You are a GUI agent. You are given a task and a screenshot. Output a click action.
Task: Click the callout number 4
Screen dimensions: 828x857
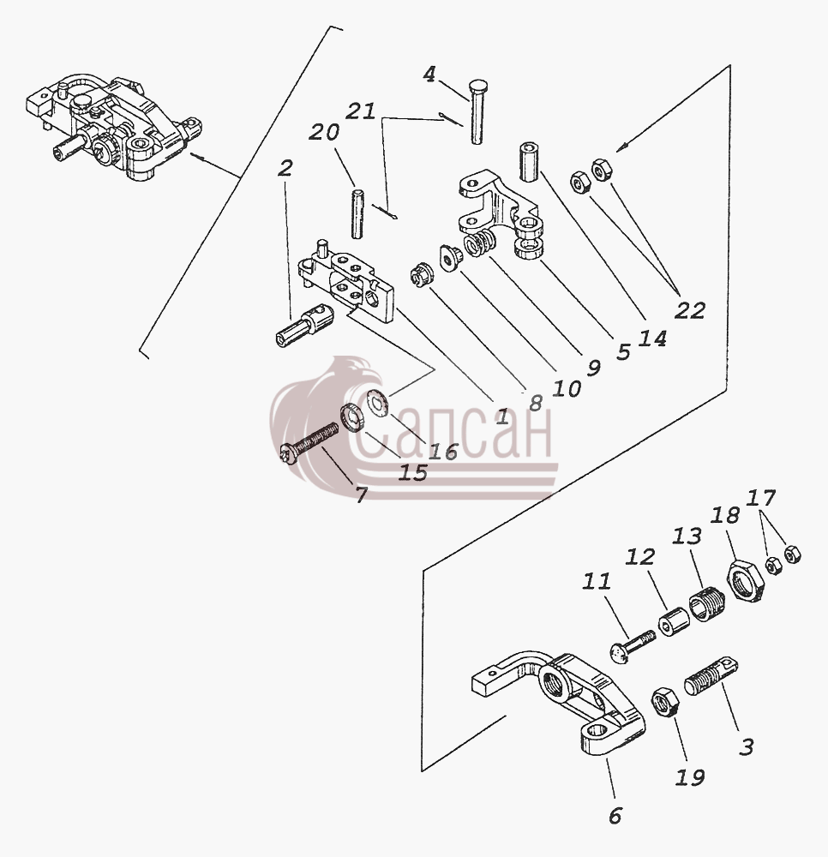pos(430,75)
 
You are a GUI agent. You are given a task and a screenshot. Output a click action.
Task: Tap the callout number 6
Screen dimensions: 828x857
pos(615,816)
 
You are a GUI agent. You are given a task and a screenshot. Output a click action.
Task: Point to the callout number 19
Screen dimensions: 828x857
pos(690,776)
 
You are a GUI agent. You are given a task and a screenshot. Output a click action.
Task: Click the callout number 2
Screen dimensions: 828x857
pos(285,168)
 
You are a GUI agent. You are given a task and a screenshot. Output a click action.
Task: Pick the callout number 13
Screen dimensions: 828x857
pos(687,536)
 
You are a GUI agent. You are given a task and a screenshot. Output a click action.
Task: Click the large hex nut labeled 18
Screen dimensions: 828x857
pos(743,581)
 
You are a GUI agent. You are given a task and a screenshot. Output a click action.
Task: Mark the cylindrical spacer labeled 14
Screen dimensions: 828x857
pos(527,162)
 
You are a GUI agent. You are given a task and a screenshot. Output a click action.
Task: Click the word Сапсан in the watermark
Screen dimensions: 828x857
pos(453,431)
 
